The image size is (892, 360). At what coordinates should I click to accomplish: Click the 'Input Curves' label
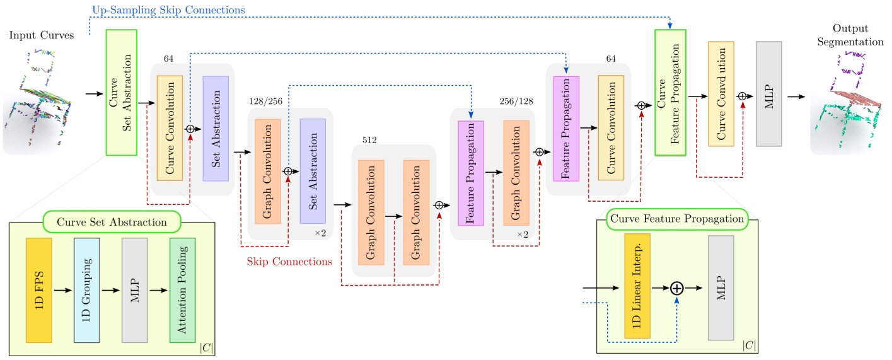[x=41, y=35]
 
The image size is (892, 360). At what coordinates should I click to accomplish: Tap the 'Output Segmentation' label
[x=849, y=36]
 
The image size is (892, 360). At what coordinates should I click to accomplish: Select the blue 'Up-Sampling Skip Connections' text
[x=168, y=10]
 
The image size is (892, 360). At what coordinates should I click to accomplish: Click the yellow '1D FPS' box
[x=38, y=291]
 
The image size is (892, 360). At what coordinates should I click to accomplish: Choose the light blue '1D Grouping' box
[x=86, y=291]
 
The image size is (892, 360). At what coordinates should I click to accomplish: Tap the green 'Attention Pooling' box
[x=183, y=291]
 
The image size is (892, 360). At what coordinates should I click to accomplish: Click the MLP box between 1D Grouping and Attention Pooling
[x=134, y=291]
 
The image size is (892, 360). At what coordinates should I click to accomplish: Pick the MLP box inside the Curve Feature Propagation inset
[x=721, y=288]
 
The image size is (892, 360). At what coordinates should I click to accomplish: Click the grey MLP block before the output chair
[x=768, y=94]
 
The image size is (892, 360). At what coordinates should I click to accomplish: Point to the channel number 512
[x=369, y=139]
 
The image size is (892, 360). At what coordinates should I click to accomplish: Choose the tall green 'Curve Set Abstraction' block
[x=122, y=91]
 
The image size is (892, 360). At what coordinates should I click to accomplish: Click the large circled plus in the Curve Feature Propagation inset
[x=676, y=288]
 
